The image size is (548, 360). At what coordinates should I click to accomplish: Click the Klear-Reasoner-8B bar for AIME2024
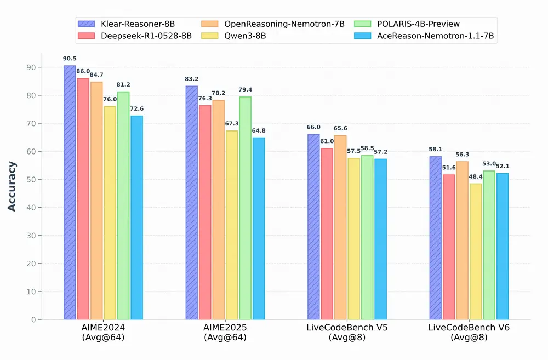(x=70, y=192)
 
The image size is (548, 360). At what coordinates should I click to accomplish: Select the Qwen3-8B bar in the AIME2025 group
(x=232, y=225)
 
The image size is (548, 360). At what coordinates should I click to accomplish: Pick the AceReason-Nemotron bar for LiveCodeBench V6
(x=502, y=246)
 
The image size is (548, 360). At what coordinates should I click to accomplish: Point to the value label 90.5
(x=70, y=58)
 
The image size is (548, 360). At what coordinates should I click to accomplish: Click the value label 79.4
(x=246, y=89)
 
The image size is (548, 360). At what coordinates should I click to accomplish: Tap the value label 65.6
(x=340, y=128)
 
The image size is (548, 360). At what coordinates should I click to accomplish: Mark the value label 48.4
(x=476, y=176)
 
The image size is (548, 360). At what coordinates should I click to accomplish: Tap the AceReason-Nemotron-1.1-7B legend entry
(x=430, y=36)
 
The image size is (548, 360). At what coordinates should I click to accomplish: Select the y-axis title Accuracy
(x=12, y=186)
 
